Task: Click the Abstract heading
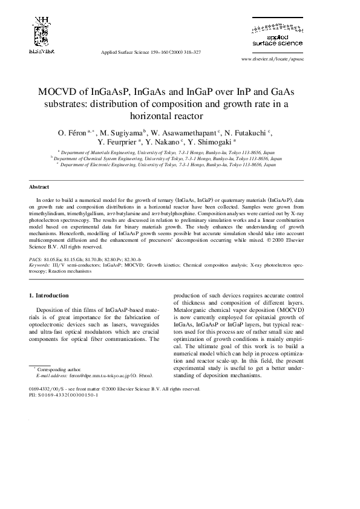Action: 39,187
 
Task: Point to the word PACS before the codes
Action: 36,259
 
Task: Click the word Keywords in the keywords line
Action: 40,265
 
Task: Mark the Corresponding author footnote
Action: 58,369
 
